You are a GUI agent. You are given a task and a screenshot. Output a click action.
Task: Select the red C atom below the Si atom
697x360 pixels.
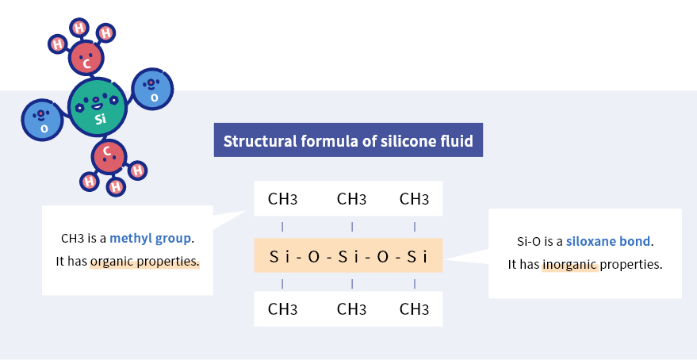(x=109, y=155)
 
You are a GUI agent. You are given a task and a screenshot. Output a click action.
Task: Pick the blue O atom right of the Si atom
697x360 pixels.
(x=151, y=88)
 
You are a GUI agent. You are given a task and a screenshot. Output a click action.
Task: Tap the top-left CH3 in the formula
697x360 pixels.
(x=283, y=199)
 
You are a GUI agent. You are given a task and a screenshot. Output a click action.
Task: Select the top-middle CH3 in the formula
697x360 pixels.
(x=351, y=199)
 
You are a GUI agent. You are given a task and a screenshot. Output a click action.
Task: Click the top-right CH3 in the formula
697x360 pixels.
(x=414, y=199)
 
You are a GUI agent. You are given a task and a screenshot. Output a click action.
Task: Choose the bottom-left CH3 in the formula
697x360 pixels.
(x=283, y=308)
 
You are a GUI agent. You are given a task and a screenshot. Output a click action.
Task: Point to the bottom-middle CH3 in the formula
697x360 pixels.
(x=351, y=308)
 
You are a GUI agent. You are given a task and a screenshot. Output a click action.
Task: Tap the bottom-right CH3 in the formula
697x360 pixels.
(x=414, y=308)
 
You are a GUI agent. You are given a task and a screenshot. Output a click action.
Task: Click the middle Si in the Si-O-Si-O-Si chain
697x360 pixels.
(x=350, y=256)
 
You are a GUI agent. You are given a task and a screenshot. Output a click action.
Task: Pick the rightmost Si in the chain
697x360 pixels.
(x=417, y=256)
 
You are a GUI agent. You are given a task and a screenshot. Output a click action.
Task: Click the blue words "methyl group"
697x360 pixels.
(x=150, y=238)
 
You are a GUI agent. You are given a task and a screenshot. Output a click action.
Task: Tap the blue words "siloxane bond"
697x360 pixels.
(x=608, y=241)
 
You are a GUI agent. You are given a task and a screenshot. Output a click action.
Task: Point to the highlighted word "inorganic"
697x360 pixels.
(x=569, y=264)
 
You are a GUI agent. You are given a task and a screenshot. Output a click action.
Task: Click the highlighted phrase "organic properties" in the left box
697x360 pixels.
(x=144, y=261)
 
